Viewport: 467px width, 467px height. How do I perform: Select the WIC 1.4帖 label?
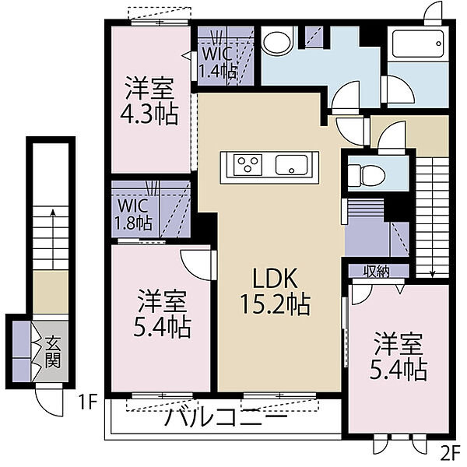click(217, 62)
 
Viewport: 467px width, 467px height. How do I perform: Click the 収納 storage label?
click(375, 271)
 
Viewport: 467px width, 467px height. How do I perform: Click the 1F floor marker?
click(86, 403)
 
